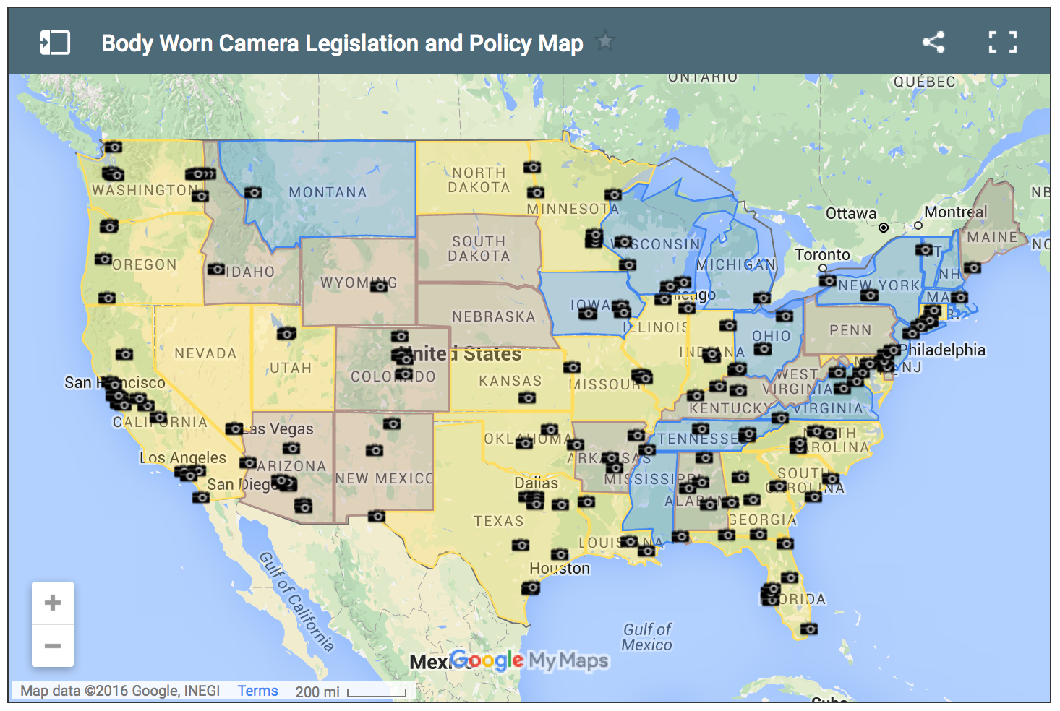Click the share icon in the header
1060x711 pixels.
click(x=933, y=42)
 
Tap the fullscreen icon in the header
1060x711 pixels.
click(x=1002, y=42)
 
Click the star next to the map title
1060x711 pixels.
click(x=605, y=41)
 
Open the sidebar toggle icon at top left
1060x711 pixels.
click(x=55, y=43)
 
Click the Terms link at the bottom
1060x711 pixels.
click(x=257, y=691)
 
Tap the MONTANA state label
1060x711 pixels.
click(x=328, y=192)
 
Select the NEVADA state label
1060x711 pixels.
click(x=205, y=353)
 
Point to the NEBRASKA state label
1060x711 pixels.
click(x=493, y=316)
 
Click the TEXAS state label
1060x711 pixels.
click(x=498, y=521)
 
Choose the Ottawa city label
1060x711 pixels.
click(x=850, y=214)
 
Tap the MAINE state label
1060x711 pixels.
click(x=992, y=237)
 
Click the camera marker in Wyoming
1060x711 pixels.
click(x=379, y=286)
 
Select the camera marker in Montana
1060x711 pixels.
click(x=252, y=192)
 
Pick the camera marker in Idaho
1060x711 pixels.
click(x=215, y=270)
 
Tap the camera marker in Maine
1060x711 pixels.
click(x=973, y=267)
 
